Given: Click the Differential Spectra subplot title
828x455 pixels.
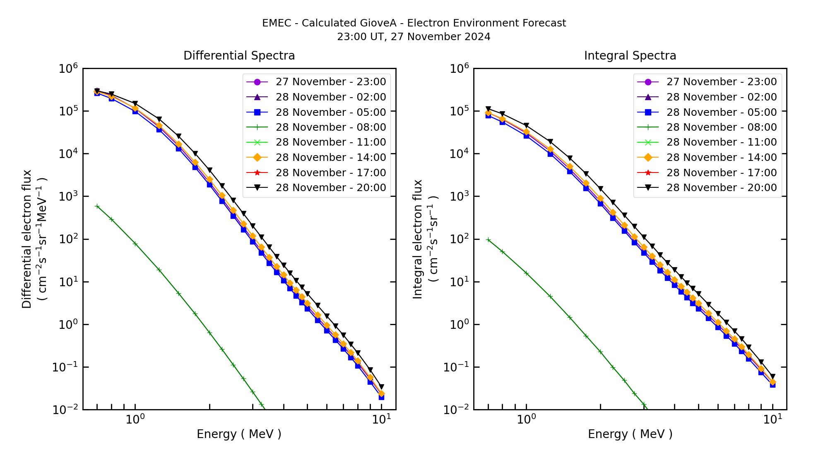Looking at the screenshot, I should click(x=239, y=56).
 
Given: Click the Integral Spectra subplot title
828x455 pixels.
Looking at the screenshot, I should click(x=630, y=56).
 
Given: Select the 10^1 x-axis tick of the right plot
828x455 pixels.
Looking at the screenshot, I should click(x=773, y=419).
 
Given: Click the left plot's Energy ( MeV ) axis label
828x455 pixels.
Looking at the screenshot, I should click(x=239, y=434).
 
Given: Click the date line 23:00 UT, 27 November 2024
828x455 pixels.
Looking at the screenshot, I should click(x=414, y=37).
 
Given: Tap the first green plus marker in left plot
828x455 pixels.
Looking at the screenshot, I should click(x=97, y=206).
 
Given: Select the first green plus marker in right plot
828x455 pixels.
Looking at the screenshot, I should click(x=488, y=240).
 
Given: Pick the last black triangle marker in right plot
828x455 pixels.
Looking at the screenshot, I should click(x=773, y=377).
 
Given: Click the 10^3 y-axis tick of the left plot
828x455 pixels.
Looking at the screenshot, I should click(x=68, y=196).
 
